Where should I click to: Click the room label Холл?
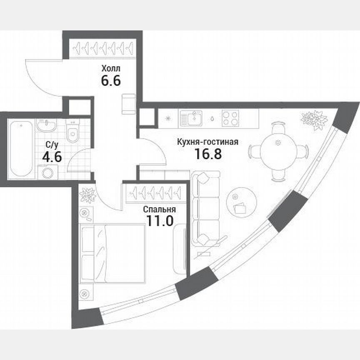coord(111,68)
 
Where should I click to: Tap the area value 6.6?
coord(111,80)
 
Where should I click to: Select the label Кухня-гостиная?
coord(207,142)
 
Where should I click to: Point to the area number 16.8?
coord(207,155)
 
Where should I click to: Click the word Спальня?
coord(158,210)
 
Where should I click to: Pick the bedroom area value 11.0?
coord(159,221)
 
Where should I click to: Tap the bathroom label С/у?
coord(52,145)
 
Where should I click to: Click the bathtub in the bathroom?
coord(21,148)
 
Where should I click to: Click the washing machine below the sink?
coord(47,172)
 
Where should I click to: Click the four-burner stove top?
coord(230,118)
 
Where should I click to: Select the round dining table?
coord(278,151)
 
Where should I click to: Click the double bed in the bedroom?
coord(112,253)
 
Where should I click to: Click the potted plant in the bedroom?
coord(88,195)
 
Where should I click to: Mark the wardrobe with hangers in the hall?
coord(102,49)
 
